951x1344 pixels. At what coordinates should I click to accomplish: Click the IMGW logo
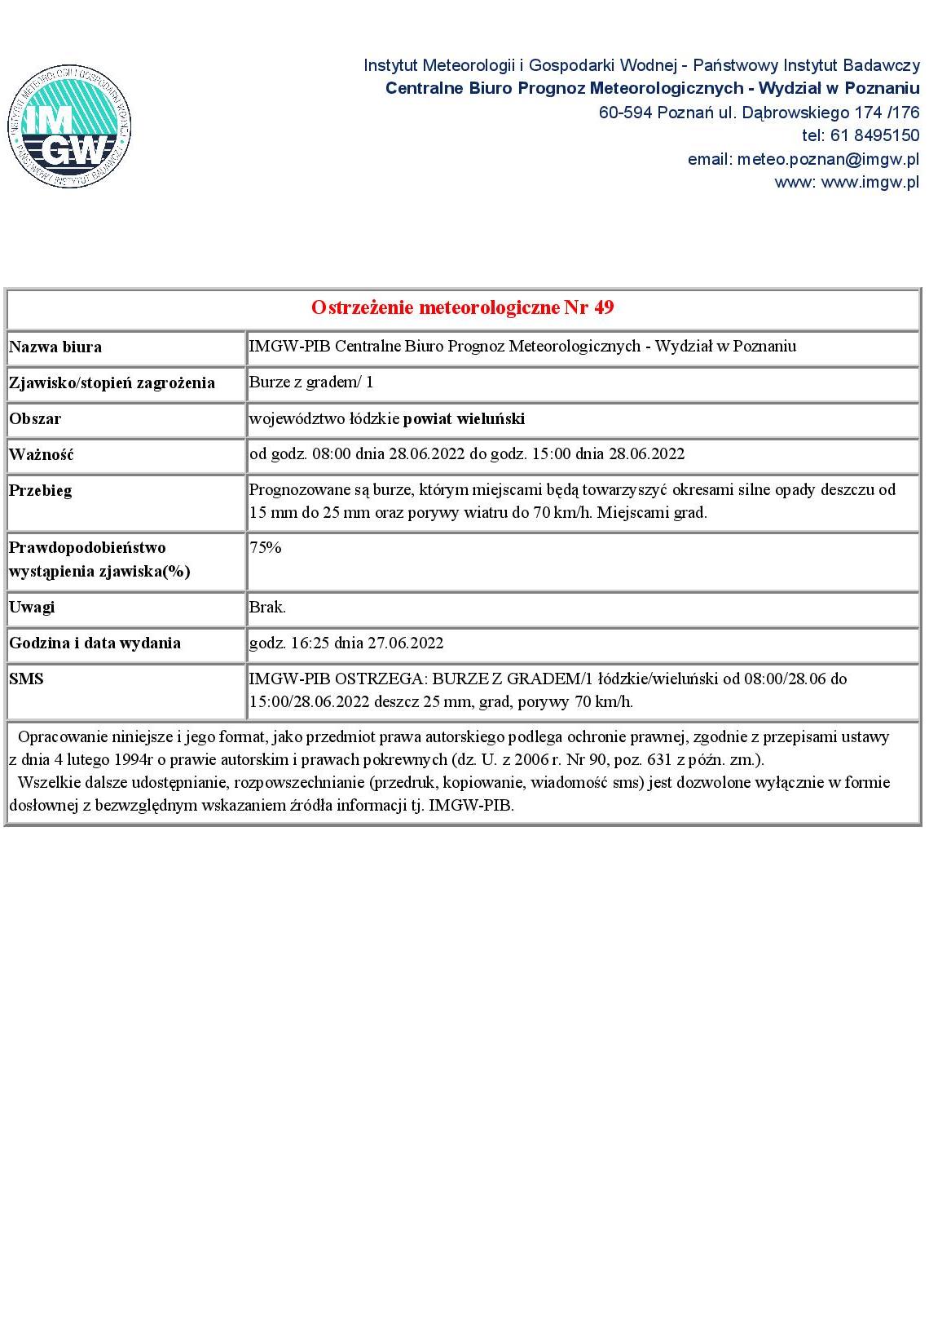click(69, 128)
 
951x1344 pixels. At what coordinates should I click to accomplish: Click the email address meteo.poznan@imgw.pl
click(828, 159)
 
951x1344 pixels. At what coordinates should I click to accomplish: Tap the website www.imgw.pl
click(870, 182)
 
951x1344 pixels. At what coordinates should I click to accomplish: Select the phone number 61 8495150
click(874, 135)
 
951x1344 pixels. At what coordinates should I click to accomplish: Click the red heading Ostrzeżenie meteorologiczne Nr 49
click(462, 307)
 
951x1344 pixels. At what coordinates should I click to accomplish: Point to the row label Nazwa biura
click(55, 347)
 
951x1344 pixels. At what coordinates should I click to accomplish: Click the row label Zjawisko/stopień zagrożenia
click(112, 382)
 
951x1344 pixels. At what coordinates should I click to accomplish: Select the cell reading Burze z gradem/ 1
click(310, 382)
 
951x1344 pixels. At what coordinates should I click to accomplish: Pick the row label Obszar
click(35, 418)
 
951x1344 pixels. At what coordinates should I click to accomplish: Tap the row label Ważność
click(42, 454)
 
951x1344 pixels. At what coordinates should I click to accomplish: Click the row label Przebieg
click(41, 490)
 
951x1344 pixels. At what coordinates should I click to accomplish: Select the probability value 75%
click(265, 548)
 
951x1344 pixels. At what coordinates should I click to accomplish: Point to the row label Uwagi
click(32, 607)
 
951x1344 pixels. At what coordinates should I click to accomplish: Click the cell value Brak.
click(267, 607)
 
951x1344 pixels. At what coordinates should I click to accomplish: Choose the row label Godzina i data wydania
click(95, 643)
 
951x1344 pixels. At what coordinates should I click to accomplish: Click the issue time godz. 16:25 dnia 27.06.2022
click(346, 643)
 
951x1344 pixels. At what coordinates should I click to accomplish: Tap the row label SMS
click(26, 679)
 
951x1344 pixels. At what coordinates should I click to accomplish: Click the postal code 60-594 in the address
click(626, 113)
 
